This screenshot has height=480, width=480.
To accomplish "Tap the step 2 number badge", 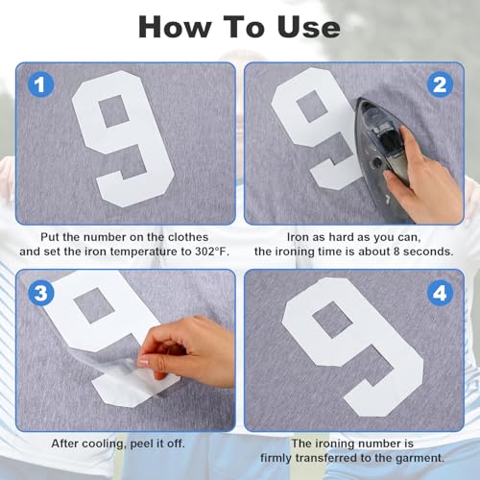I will (x=441, y=84).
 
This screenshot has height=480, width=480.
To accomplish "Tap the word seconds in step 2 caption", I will (x=424, y=251).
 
